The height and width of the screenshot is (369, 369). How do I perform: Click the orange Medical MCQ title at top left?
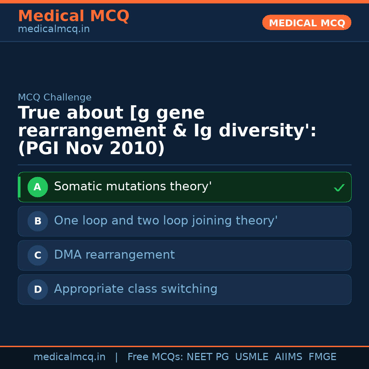[73, 16]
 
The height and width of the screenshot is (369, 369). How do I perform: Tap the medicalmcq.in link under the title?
[54, 29]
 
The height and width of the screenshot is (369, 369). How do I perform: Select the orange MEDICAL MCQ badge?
[306, 23]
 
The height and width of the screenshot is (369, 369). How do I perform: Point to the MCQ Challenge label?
[55, 98]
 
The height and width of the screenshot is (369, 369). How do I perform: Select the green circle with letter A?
[38, 187]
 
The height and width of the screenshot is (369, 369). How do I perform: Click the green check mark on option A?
[339, 188]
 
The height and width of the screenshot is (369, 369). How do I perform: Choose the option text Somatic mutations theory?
[133, 187]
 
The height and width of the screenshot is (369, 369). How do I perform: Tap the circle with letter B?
[38, 221]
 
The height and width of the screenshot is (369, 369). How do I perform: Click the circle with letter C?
[38, 256]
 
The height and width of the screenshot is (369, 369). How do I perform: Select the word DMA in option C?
[68, 255]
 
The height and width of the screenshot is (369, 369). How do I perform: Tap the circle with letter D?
[38, 290]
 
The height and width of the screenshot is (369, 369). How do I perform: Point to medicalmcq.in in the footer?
[69, 357]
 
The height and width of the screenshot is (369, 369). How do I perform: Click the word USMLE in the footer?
[251, 357]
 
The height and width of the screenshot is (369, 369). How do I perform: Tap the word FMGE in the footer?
[322, 357]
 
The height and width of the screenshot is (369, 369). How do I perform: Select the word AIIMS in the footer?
[288, 357]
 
